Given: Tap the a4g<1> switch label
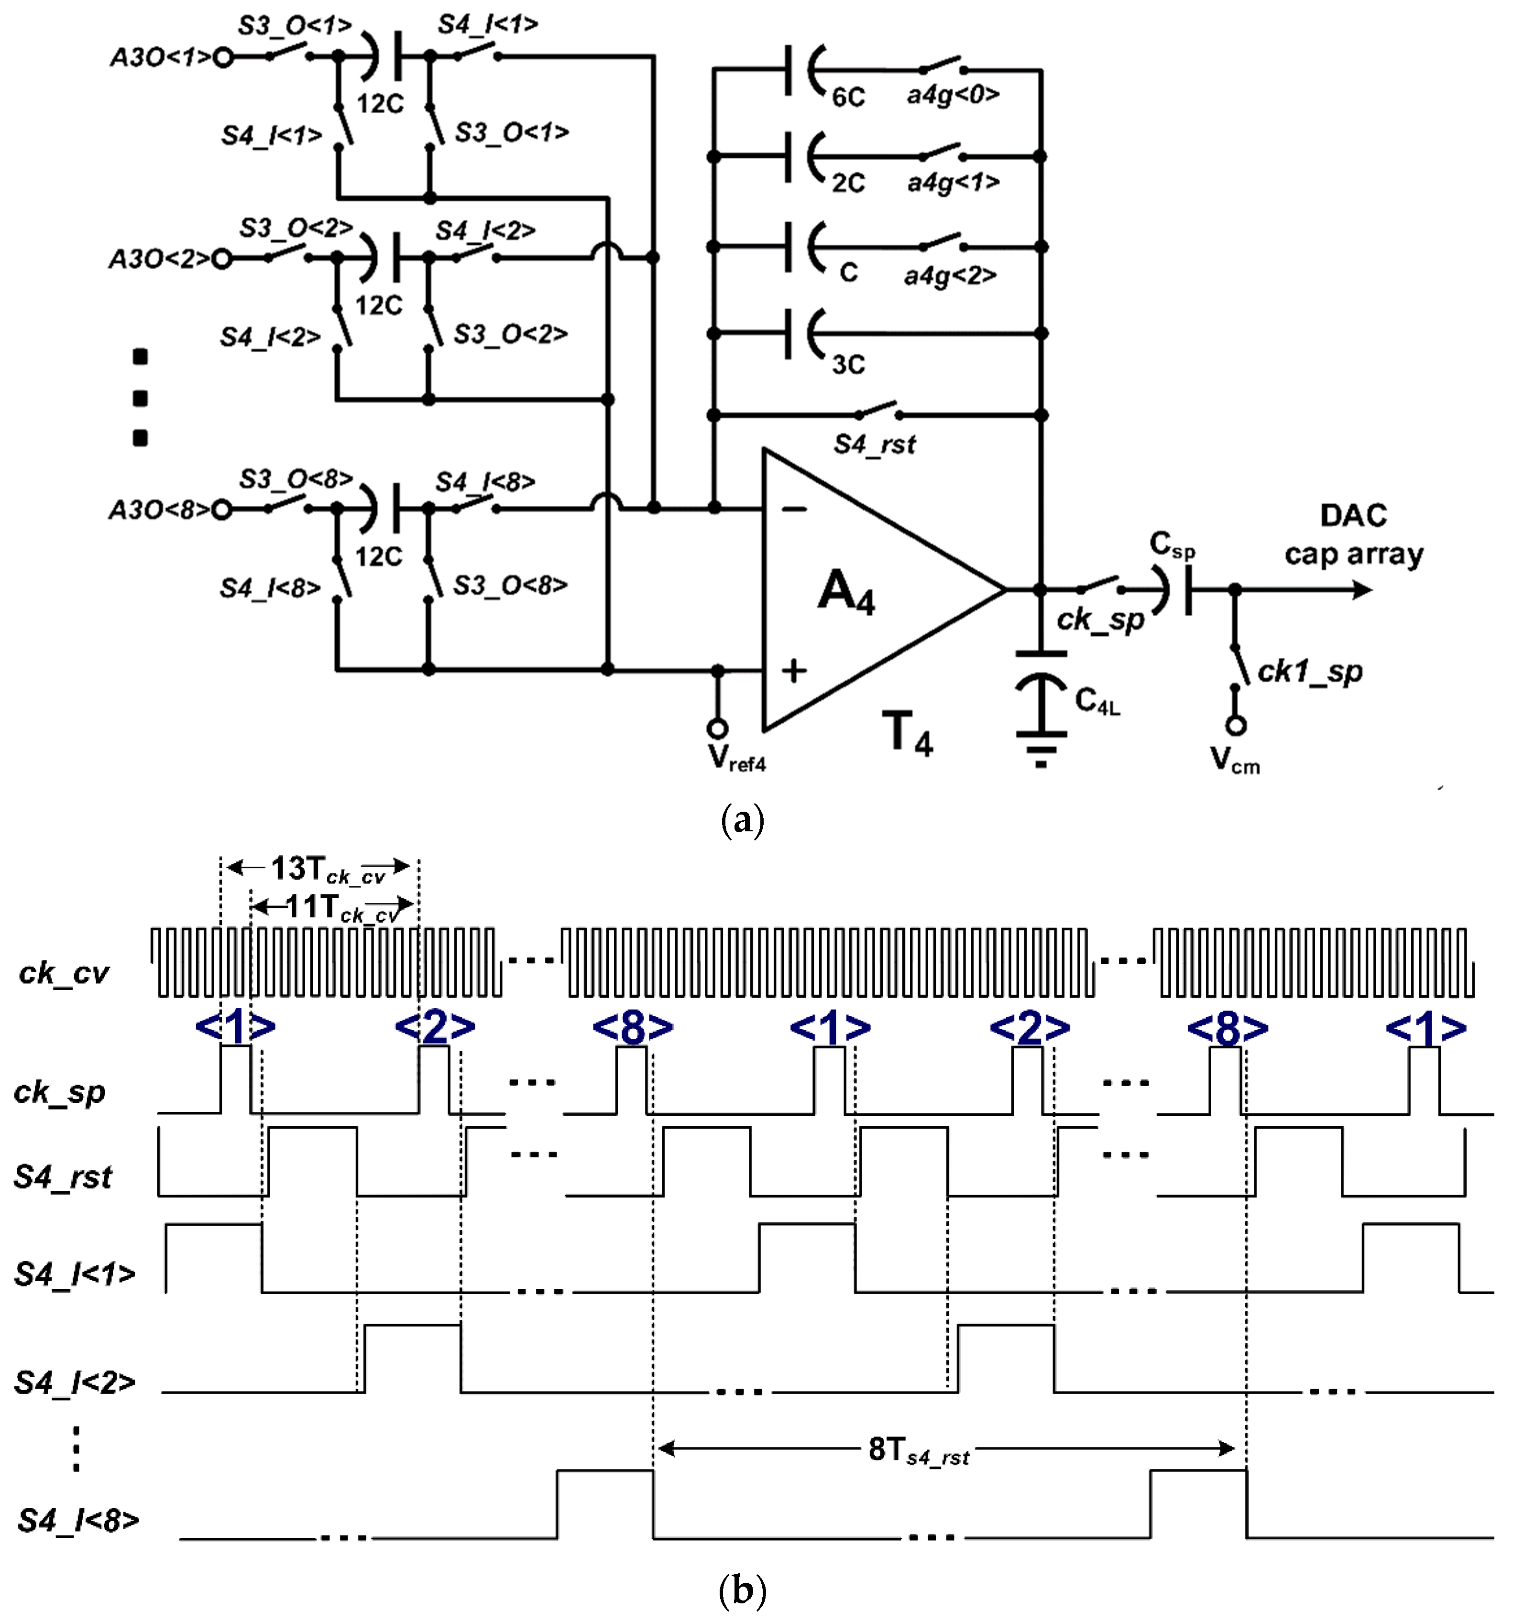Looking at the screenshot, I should coord(953,182).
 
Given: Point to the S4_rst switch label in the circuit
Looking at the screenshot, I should coord(874,445).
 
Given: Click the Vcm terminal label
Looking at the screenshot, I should coord(1235,761).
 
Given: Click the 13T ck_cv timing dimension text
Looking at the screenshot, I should coord(327,870).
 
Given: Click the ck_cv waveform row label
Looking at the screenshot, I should coord(64,972).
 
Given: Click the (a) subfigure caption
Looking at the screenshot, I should coord(743,820).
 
